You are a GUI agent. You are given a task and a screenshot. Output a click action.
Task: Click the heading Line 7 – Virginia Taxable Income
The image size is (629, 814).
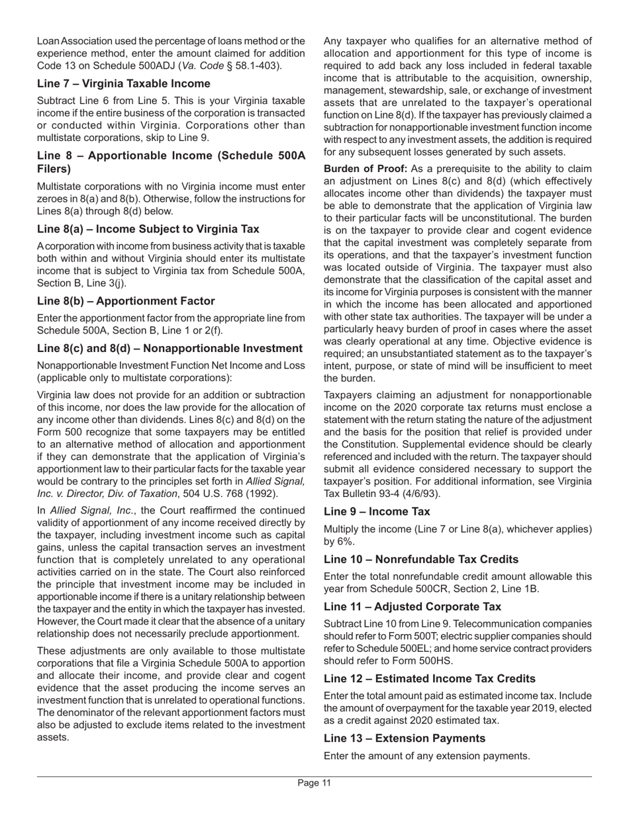(x=124, y=83)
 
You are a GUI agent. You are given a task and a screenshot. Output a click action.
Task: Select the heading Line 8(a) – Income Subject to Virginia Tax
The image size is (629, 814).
(x=148, y=229)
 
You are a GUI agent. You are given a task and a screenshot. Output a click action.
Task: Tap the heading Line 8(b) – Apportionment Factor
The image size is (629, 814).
(x=126, y=301)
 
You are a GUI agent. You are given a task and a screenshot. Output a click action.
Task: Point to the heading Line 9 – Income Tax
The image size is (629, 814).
(x=377, y=512)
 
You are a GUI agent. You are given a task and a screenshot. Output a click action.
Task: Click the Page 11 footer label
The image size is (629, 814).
(x=314, y=784)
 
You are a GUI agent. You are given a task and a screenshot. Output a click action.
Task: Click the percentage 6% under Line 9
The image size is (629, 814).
(x=336, y=541)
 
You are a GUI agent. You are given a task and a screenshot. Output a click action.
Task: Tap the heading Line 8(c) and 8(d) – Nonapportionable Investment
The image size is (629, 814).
(x=170, y=349)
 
